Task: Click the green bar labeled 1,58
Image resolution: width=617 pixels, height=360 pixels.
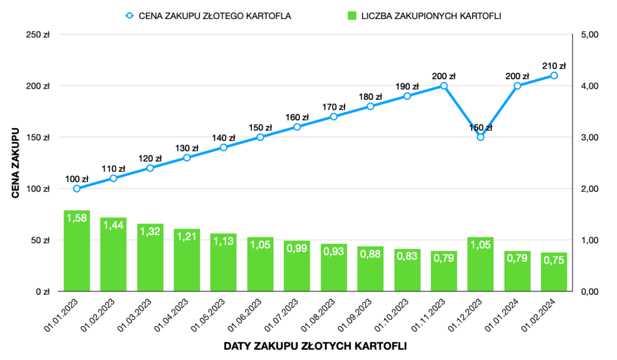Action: coord(77,251)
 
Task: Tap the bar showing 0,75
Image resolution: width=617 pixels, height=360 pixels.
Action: coord(554,272)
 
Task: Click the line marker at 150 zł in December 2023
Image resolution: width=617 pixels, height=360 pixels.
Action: coord(480,137)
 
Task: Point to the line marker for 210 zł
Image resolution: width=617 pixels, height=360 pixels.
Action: coord(554,75)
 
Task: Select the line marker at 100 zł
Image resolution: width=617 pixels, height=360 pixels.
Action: coord(77,188)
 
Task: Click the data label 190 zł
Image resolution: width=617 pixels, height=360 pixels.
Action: coord(407,86)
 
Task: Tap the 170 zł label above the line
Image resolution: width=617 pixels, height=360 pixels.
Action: coord(333,107)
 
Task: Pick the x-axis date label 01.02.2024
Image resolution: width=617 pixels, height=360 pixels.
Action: coord(543,315)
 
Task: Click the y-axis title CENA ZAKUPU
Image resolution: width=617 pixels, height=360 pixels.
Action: coord(16,163)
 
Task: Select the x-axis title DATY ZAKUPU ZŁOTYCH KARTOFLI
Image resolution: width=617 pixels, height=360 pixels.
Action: coord(315,346)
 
